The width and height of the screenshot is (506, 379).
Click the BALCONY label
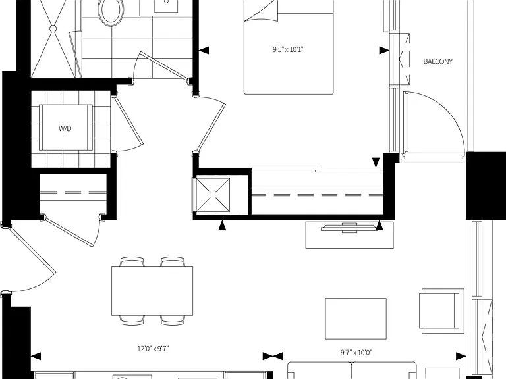(x=437, y=61)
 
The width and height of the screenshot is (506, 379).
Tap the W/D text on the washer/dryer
(x=65, y=128)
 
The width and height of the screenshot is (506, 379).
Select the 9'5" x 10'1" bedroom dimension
(x=288, y=49)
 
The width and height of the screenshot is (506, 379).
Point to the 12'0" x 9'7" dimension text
(x=154, y=349)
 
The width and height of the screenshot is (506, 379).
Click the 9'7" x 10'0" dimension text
(x=356, y=353)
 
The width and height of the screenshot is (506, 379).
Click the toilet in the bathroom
(x=111, y=11)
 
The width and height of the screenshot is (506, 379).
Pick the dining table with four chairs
(x=152, y=291)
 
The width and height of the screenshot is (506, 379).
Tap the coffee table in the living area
(x=356, y=318)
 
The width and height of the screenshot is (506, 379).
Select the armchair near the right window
(x=441, y=311)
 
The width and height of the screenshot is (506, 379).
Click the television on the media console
(x=349, y=228)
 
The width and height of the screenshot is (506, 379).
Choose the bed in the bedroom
(x=289, y=47)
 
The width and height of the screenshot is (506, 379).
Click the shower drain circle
(x=53, y=29)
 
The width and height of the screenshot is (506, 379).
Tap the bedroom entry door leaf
(x=211, y=127)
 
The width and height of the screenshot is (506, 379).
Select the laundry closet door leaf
(x=128, y=121)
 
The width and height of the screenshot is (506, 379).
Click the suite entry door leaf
(x=32, y=250)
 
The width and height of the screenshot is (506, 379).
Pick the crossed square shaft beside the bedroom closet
(x=213, y=195)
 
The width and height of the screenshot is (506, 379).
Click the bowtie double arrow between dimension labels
(x=273, y=356)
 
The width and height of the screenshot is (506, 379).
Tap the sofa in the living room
(x=352, y=370)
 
